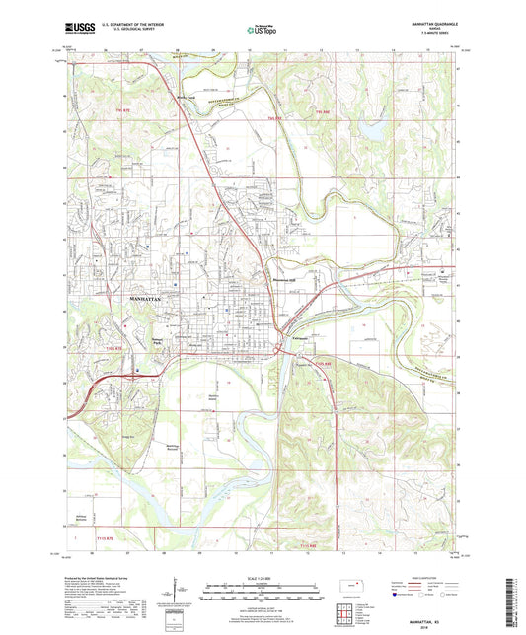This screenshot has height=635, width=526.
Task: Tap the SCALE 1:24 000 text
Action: pyautogui.click(x=260, y=581)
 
